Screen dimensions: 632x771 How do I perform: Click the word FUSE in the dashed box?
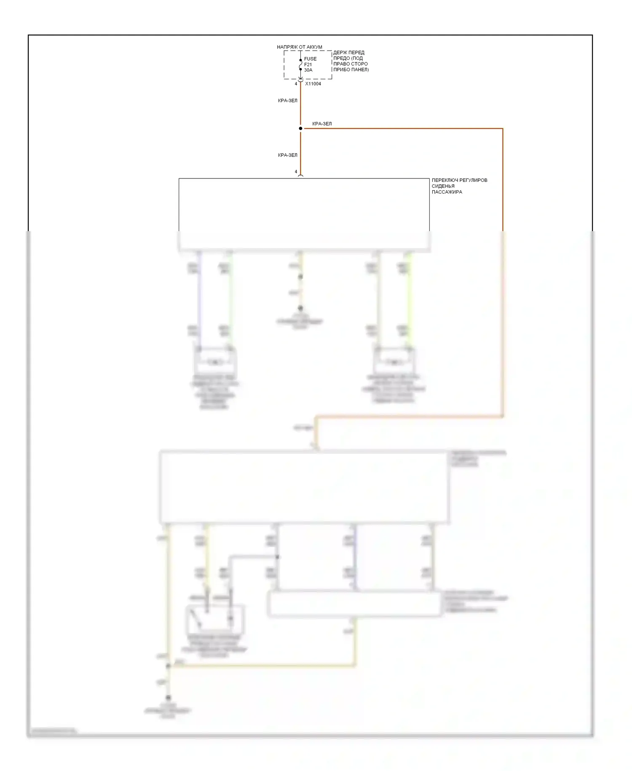pyautogui.click(x=310, y=59)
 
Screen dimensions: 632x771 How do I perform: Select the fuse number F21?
pyautogui.click(x=308, y=65)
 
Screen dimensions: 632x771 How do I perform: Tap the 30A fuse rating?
pyautogui.click(x=308, y=70)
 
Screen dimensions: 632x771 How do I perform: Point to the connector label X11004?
pyautogui.click(x=313, y=84)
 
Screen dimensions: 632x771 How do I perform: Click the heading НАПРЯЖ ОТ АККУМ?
pyautogui.click(x=299, y=47)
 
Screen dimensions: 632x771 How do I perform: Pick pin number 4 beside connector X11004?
pyautogui.click(x=296, y=84)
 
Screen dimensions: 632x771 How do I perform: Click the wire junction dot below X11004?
pyautogui.click(x=300, y=128)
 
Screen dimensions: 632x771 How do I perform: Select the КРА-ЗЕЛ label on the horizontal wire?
pyautogui.click(x=322, y=124)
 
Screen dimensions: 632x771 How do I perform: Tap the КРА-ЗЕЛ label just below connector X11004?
pyautogui.click(x=288, y=101)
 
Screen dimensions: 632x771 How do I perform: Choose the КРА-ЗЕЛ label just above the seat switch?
pyautogui.click(x=288, y=155)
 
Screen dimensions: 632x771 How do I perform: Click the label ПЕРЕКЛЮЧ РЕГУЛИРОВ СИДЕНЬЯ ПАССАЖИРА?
pyautogui.click(x=459, y=186)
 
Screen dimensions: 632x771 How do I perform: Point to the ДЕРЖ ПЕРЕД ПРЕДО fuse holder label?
pyautogui.click(x=351, y=61)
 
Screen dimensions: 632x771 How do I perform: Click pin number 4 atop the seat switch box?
pyautogui.click(x=296, y=172)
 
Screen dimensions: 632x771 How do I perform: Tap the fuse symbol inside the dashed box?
pyautogui.click(x=300, y=65)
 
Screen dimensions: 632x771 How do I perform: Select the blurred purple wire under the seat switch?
pyautogui.click(x=199, y=299)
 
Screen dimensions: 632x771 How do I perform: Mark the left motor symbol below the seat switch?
pyautogui.click(x=215, y=362)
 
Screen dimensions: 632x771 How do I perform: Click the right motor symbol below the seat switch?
pyautogui.click(x=394, y=362)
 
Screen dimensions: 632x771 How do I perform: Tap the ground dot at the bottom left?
pyautogui.click(x=168, y=698)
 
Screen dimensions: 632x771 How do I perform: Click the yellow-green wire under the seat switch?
pyautogui.click(x=409, y=299)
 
